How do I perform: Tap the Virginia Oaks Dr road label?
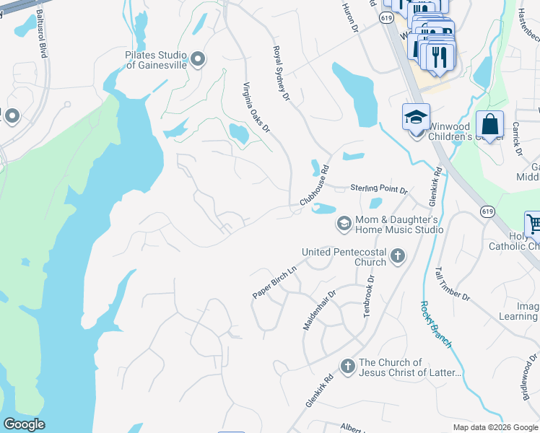[x=255, y=108]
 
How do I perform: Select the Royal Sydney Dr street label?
[x=280, y=74]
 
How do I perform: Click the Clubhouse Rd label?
[x=315, y=186]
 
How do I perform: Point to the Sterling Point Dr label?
[x=379, y=189]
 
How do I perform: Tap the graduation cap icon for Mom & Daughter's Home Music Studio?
[x=344, y=224]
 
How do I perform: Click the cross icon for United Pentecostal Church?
[x=397, y=255]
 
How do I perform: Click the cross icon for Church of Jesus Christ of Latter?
[x=347, y=367]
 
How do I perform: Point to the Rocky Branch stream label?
[x=436, y=323]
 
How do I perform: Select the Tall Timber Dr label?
[x=452, y=284]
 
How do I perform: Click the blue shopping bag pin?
[x=489, y=124]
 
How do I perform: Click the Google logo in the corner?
[x=24, y=424]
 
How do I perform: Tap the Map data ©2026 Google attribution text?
[x=495, y=427]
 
